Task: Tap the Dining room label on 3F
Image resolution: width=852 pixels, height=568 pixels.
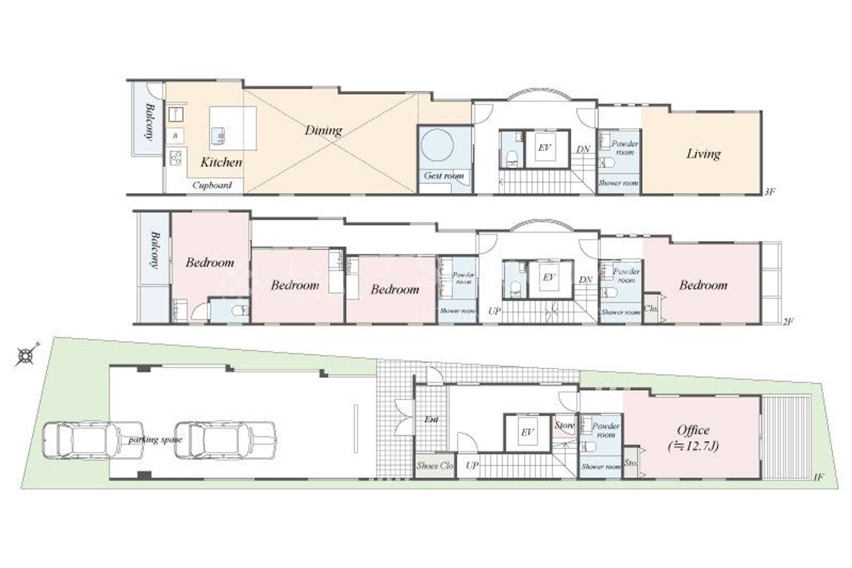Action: [323, 130]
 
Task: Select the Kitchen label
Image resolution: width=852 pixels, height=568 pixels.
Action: [221, 162]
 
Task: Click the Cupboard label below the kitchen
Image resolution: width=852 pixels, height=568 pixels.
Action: [212, 185]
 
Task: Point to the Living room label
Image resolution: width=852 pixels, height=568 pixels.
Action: [703, 154]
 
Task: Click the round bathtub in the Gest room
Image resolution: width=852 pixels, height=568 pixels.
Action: [437, 145]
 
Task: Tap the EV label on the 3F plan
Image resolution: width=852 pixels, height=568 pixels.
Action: [544, 148]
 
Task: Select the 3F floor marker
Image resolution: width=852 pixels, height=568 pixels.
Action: [770, 192]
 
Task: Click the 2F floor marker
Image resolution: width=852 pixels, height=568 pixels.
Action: [788, 321]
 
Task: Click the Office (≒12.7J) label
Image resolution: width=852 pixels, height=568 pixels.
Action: [693, 437]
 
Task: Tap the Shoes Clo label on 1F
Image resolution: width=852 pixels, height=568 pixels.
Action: [435, 465]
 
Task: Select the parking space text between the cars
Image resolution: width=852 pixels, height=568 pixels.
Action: [155, 440]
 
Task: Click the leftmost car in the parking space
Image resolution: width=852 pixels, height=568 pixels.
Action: [92, 441]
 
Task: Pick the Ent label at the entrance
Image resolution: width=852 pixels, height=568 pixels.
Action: [431, 419]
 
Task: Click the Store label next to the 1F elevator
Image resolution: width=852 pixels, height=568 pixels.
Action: [564, 425]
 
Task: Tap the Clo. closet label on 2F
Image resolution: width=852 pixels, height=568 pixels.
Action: [651, 309]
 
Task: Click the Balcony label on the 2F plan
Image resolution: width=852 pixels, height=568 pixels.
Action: [154, 249]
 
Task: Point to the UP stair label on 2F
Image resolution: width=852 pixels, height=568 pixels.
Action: [495, 311]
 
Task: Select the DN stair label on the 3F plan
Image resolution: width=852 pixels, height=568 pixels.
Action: [583, 149]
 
